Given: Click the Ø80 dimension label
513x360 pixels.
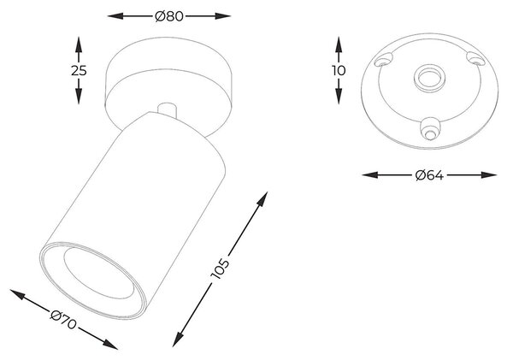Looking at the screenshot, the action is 169,16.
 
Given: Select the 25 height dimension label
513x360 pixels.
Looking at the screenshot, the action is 79,70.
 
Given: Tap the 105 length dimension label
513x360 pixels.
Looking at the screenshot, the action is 221,269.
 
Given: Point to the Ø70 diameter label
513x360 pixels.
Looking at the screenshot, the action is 63,320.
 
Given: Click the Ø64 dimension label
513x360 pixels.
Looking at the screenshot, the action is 429,175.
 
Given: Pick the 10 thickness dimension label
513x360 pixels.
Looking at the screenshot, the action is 339,70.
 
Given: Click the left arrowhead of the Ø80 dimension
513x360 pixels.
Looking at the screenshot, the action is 115,15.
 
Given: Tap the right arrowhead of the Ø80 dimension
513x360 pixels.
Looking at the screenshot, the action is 223,15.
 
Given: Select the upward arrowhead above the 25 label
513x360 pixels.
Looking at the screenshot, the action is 79,44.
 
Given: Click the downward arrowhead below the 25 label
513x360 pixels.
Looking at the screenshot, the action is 79,97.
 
